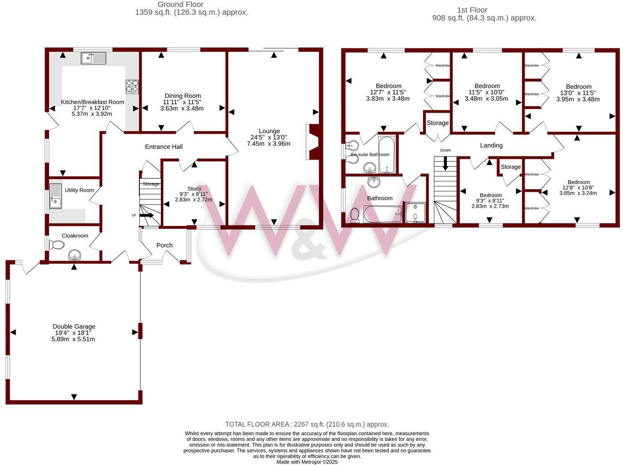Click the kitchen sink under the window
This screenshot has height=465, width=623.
pos(93,58)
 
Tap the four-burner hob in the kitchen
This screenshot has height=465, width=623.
pos(132,86)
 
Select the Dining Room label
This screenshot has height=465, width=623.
pos(182,96)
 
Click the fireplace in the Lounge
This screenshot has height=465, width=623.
pos(313,142)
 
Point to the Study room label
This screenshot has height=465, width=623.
pos(194,189)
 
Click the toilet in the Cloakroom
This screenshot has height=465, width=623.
pos(56,245)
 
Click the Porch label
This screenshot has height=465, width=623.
pos(164,245)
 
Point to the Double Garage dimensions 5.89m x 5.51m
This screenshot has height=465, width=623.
pos(73,339)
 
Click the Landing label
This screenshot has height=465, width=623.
pos(491,145)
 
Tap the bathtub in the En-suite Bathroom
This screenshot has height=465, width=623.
pos(386,154)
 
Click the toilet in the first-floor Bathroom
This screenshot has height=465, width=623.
pos(355,215)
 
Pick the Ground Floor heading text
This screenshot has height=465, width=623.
pos(181,4)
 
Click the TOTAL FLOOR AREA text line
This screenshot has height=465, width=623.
pos(307,424)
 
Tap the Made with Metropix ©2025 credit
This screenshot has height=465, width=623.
pos(307,462)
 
